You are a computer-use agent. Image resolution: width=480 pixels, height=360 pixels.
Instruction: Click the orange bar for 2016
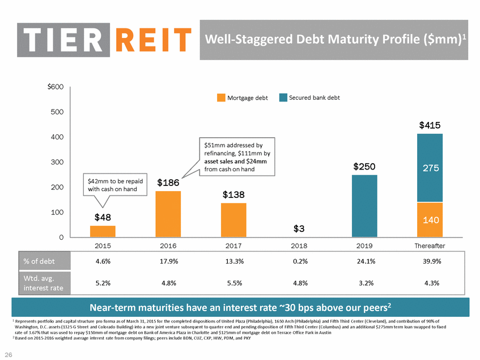[168, 214]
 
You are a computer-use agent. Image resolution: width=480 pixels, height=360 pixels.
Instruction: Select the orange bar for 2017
[233, 220]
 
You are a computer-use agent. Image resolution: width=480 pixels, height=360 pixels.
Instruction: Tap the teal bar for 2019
[364, 206]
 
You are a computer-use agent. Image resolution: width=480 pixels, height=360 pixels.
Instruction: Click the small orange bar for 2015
[103, 231]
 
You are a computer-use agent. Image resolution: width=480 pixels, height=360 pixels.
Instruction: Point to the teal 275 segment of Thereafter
[430, 168]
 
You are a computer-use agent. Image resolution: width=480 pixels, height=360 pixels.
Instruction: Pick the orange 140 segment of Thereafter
[430, 219]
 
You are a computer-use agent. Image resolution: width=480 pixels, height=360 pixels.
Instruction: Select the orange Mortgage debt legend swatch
[221, 98]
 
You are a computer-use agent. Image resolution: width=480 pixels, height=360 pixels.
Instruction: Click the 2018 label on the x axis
[299, 245]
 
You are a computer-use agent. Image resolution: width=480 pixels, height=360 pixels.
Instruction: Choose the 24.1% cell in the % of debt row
[364, 261]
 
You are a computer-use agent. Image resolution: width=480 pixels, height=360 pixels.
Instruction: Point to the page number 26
[10, 355]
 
